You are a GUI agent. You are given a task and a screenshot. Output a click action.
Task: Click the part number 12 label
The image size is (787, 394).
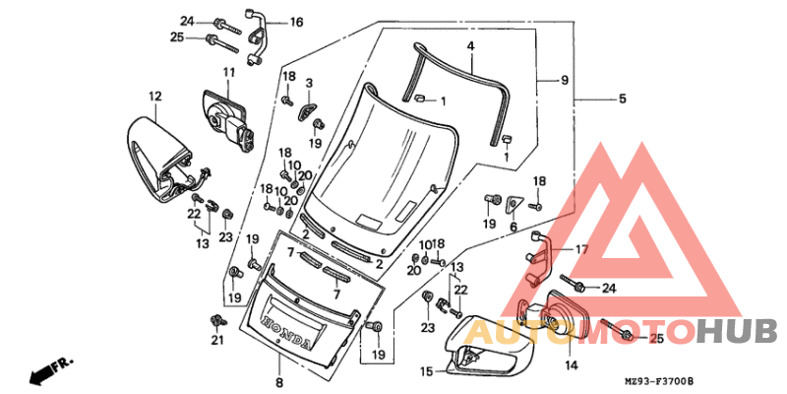154,96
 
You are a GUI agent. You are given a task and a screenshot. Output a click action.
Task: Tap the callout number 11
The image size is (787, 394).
228,73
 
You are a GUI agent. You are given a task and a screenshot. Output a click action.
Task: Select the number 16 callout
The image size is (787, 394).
296,22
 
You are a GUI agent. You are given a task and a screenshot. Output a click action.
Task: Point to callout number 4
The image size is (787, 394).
471,46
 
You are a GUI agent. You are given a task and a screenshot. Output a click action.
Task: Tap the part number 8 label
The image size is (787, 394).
278,382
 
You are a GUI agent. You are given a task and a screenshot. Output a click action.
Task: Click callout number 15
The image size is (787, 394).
427,371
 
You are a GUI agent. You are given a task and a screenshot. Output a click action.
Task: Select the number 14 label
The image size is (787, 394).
571,365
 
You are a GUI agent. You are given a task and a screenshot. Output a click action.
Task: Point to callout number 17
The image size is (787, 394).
580,250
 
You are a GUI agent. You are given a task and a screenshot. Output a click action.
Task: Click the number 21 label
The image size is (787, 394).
217,341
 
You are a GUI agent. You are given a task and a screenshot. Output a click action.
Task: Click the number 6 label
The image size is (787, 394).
513,227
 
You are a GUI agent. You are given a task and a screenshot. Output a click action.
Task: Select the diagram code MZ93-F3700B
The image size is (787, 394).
659,381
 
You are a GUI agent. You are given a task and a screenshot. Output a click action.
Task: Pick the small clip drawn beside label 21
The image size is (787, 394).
215,321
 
